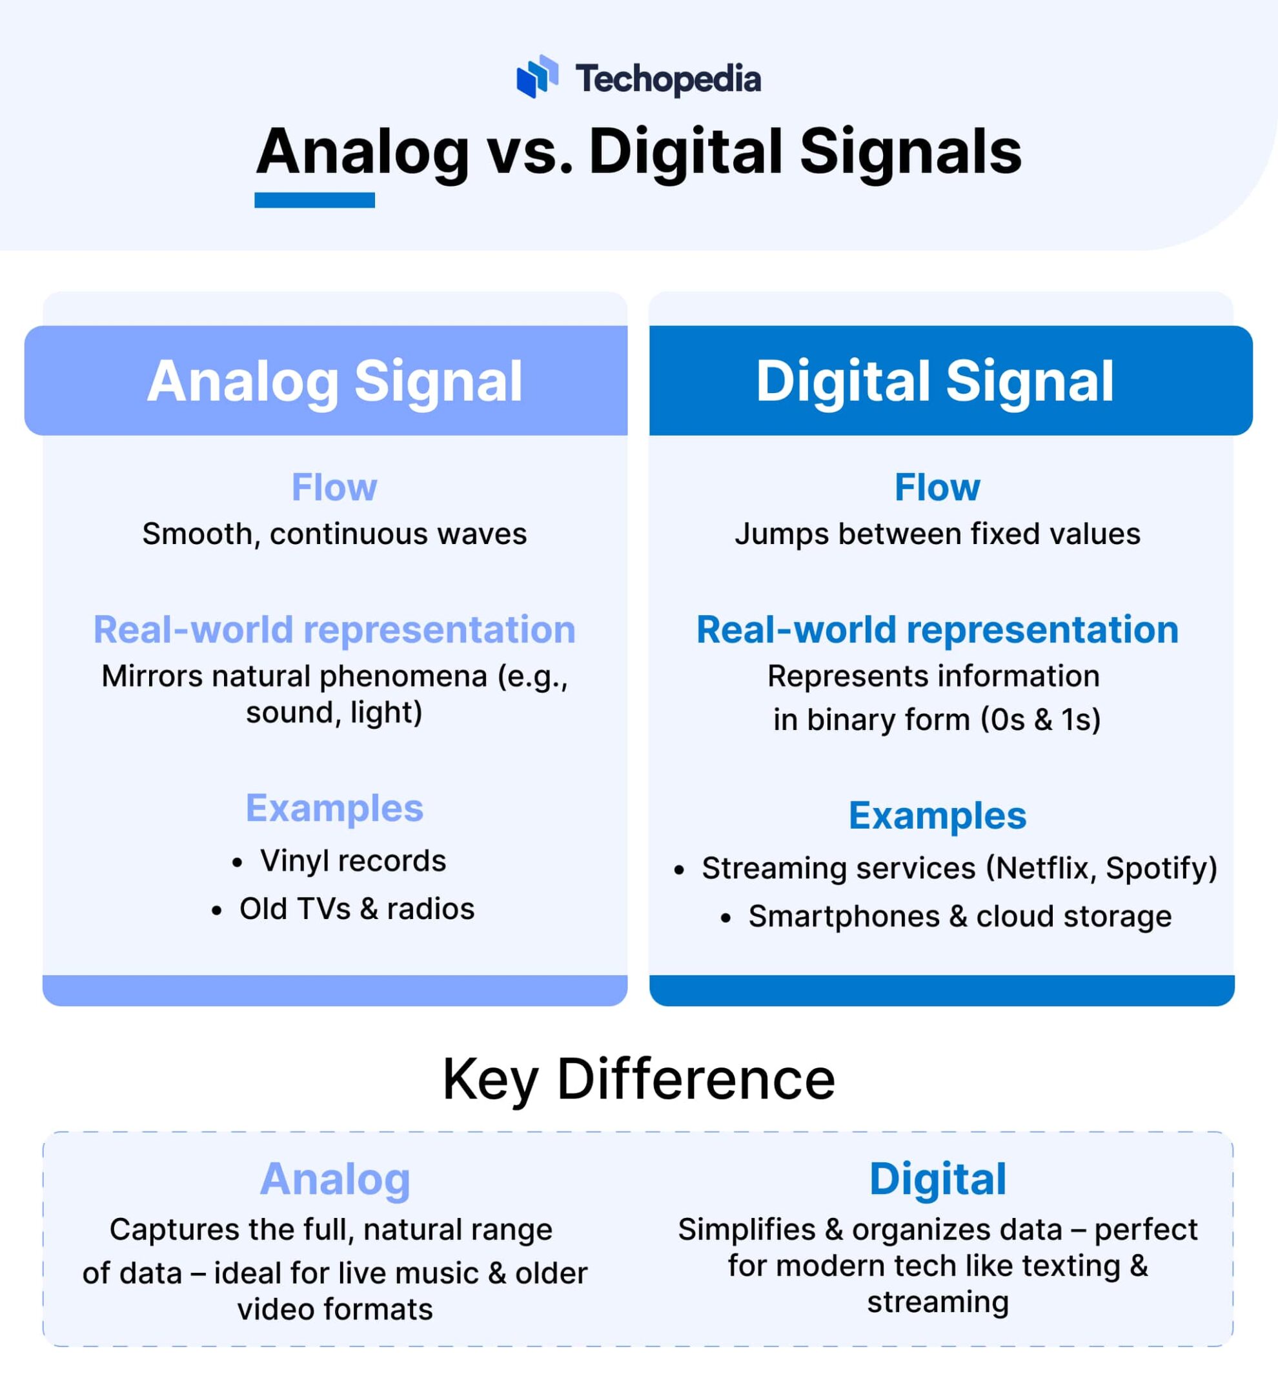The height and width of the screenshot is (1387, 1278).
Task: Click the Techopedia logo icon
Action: (x=536, y=77)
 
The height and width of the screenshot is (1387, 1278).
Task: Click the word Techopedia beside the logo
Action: (x=668, y=79)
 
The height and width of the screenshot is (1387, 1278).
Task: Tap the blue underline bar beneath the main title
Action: (x=315, y=201)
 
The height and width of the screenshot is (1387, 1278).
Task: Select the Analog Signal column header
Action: (x=335, y=381)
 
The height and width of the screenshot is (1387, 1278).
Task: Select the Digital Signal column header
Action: (x=935, y=381)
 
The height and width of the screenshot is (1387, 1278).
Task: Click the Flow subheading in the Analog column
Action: (x=335, y=487)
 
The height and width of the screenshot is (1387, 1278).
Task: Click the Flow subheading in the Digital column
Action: (x=937, y=487)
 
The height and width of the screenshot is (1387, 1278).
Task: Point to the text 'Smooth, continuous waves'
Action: (x=335, y=534)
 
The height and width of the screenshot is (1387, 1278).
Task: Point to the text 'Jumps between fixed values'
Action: (x=937, y=534)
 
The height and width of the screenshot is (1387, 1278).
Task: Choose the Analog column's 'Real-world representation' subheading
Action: (x=335, y=630)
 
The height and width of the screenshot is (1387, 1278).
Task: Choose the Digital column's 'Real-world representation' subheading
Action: (x=937, y=630)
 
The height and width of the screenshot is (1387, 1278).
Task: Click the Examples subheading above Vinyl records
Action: (x=335, y=808)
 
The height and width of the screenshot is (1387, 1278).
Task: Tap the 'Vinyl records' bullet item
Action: (x=352, y=862)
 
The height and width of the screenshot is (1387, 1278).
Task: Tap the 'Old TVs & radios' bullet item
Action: (x=357, y=909)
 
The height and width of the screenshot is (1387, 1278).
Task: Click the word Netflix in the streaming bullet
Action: (x=1044, y=869)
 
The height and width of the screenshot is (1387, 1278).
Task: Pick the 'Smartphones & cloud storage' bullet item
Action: (x=960, y=917)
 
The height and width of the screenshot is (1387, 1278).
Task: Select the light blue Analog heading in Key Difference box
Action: (x=336, y=1180)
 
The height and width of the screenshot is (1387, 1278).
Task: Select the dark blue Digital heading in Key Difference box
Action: (x=938, y=1180)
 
